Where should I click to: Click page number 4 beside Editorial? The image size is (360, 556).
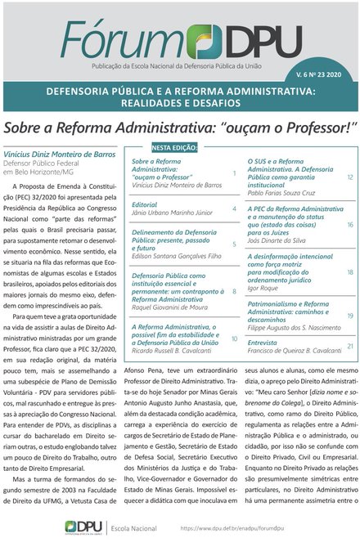(234, 208)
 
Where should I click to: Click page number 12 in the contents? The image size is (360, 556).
(350, 177)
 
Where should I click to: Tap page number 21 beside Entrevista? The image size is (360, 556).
(350, 346)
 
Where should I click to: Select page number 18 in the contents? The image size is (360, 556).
(350, 271)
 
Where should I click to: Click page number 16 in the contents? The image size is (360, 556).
(350, 224)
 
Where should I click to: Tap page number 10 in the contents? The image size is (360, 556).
(234, 338)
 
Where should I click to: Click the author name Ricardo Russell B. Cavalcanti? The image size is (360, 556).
(180, 348)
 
